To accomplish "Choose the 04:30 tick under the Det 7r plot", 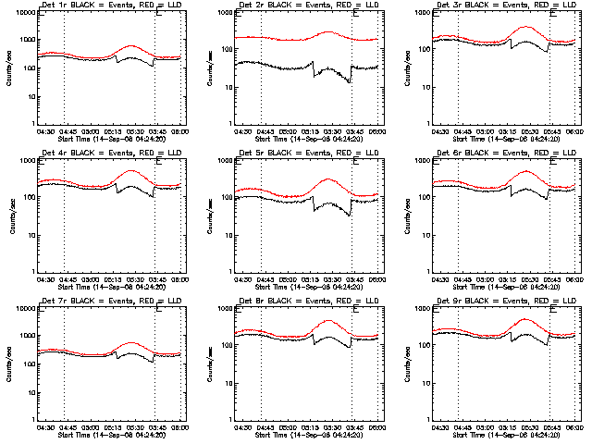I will point(46,425).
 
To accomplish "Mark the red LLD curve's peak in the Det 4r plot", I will point(130,171).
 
